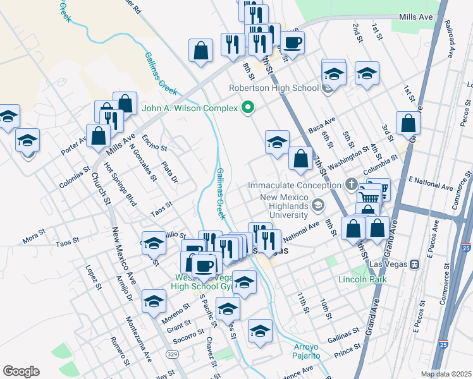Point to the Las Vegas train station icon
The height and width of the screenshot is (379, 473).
coord(415,265)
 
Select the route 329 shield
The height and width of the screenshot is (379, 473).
coord(171,354)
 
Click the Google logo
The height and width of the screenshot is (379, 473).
coord(21,371)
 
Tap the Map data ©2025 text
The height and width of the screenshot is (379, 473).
coord(446,374)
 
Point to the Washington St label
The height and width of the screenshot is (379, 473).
coord(348,153)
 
